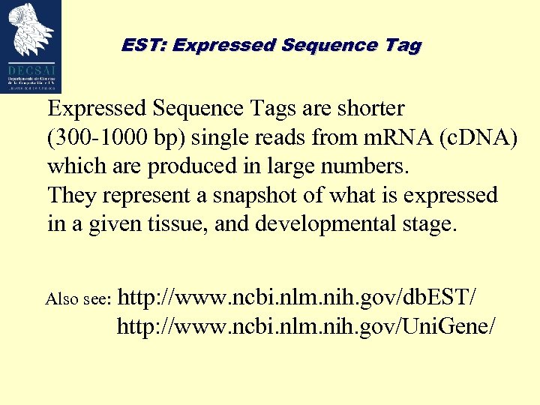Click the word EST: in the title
(x=144, y=45)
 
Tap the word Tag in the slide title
(x=404, y=45)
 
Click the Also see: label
(x=79, y=300)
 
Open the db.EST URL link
(x=297, y=298)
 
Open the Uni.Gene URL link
(x=306, y=326)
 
